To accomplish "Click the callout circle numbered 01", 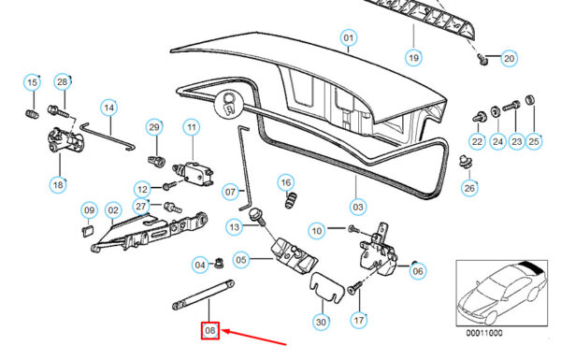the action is point(349,37).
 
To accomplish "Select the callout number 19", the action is point(413,57).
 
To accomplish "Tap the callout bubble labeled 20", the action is point(510,58).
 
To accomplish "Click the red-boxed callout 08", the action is point(210,330).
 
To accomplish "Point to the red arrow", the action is point(254,338).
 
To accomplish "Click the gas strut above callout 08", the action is point(203,295).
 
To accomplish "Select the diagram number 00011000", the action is point(483,333).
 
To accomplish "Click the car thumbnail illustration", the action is point(501,293).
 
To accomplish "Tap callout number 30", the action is point(321,322).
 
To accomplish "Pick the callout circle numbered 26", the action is point(469,188).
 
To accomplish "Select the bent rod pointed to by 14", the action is point(108,137).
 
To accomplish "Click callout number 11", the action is point(192,127).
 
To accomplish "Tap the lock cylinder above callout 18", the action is point(65,139).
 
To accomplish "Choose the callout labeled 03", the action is point(358,207).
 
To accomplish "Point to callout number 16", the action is point(285,183).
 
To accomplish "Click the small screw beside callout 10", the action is point(353,228).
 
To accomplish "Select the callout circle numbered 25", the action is point(534,141).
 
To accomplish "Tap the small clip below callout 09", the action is point(87,231).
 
